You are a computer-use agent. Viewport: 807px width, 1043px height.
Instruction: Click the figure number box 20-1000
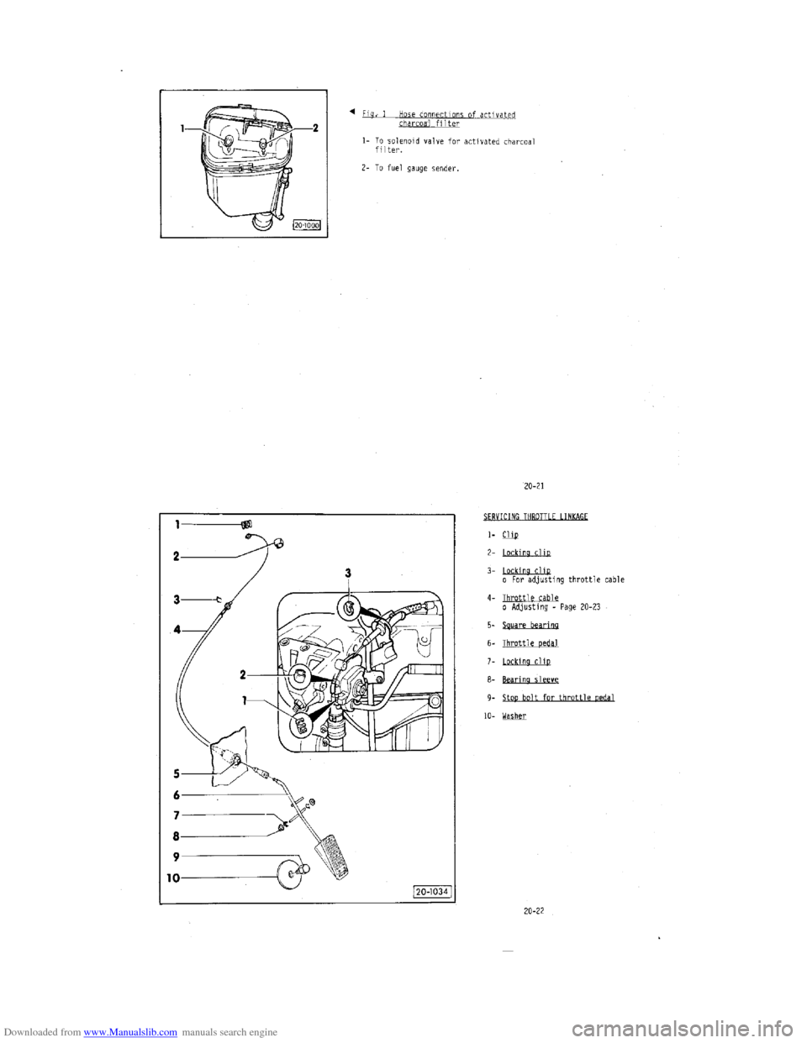coord(308,224)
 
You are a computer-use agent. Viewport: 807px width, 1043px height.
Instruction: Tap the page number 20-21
coord(534,485)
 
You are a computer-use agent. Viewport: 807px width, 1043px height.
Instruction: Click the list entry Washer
coord(514,715)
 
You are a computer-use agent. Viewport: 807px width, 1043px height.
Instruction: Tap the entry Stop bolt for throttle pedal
coord(558,698)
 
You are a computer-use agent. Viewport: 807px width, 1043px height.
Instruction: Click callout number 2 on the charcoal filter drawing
coord(314,128)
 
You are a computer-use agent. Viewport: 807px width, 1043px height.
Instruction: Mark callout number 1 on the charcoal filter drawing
coord(183,128)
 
